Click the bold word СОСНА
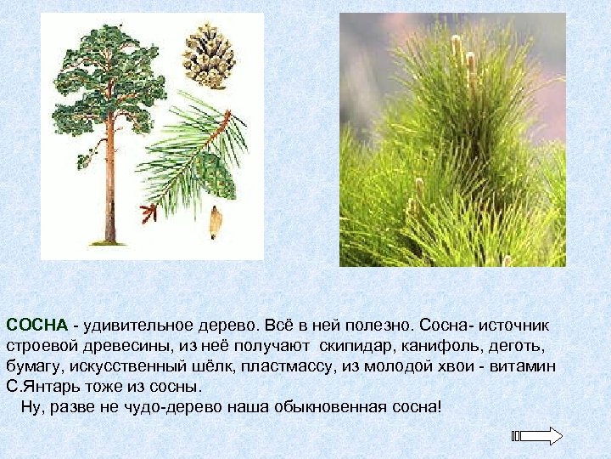(37, 326)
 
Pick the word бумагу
(32, 366)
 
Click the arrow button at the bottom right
(538, 437)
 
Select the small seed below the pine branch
(216, 223)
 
